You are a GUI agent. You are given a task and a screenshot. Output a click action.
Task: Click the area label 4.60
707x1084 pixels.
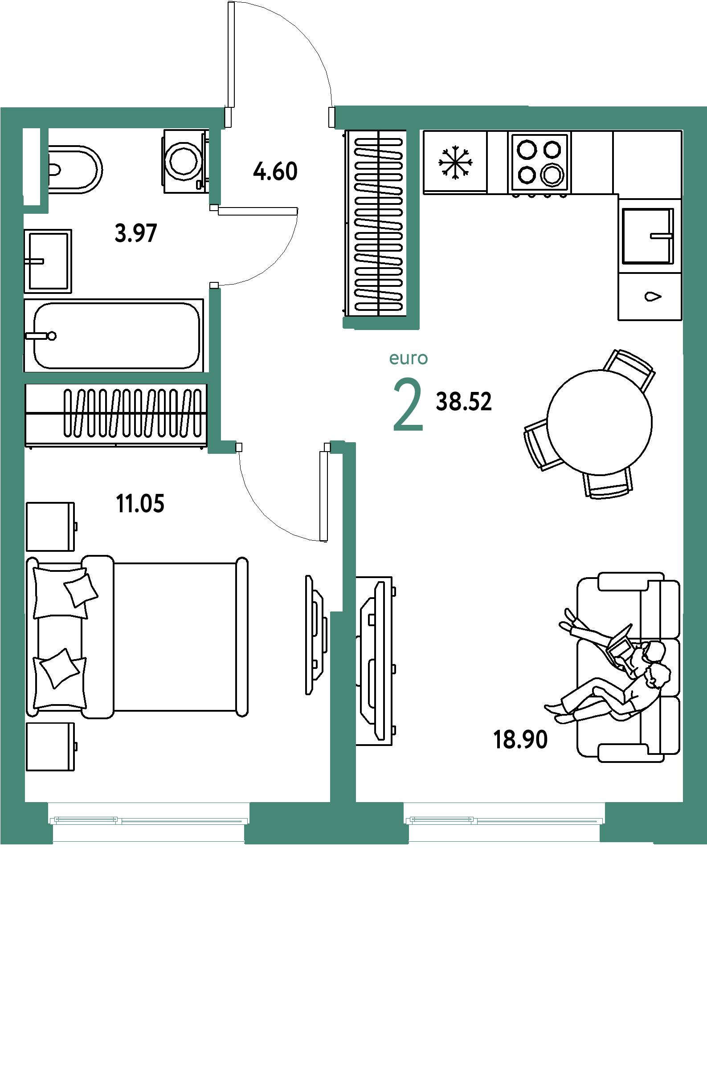click(275, 172)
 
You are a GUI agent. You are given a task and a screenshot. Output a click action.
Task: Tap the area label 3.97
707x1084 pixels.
click(136, 234)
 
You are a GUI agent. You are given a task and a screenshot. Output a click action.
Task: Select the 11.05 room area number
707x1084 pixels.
click(140, 504)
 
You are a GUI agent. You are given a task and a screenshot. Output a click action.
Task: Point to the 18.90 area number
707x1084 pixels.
click(521, 739)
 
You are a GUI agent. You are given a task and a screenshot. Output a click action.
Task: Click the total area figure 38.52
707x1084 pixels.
click(464, 402)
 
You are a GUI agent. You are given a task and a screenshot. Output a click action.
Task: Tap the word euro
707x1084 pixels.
click(409, 359)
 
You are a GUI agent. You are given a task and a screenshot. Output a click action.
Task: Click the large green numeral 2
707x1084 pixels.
click(408, 405)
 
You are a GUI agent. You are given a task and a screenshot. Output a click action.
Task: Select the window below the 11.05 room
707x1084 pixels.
click(149, 820)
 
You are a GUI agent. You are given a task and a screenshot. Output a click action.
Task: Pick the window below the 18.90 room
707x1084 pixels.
click(505, 820)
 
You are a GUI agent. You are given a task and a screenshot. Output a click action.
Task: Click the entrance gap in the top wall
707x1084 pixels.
click(280, 118)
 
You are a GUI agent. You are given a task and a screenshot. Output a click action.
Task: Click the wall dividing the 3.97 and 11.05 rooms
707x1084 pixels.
click(116, 378)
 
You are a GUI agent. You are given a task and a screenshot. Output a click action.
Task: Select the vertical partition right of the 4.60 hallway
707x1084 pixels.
click(413, 223)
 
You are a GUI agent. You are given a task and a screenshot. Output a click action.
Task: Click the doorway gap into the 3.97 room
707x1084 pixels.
click(215, 246)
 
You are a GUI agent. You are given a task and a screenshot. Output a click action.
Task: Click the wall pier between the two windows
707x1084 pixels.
click(326, 822)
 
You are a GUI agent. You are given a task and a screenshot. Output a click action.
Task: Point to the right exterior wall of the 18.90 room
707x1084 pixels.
click(695, 456)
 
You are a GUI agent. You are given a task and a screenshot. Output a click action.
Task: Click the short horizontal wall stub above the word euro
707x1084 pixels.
click(380, 322)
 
